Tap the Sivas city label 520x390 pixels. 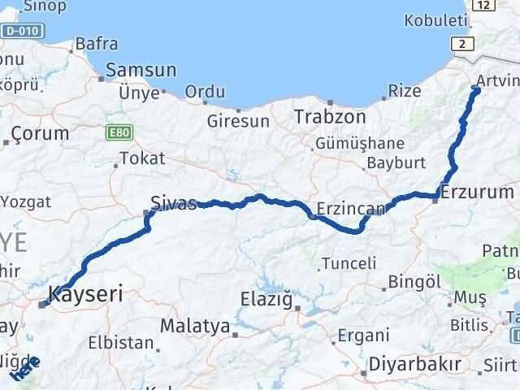coord(173,203)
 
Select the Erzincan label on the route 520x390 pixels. coord(352,209)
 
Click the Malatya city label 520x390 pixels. coord(194,327)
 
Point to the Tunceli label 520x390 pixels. coord(349,263)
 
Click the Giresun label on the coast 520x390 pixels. coord(238,122)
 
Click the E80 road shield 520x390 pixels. coord(115,129)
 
